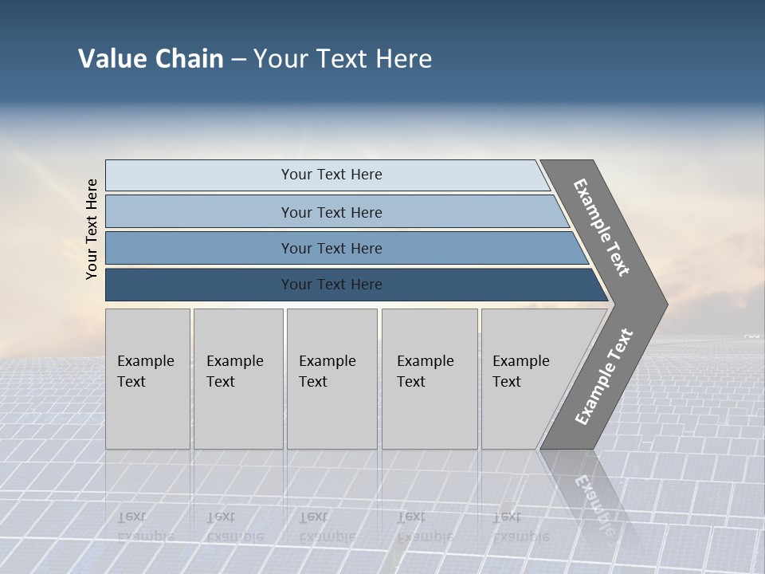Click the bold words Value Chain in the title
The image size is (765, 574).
pos(151,59)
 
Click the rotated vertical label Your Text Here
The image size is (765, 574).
pos(92,229)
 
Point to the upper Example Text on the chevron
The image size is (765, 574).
pos(602,227)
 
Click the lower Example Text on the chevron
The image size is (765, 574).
pos(603,377)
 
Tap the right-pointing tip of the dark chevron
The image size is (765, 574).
pos(661,304)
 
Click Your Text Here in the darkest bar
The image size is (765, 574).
pos(331,285)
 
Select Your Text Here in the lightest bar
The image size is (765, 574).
pos(331,175)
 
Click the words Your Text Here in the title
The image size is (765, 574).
pos(343,59)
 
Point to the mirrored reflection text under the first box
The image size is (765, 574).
pos(145,526)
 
